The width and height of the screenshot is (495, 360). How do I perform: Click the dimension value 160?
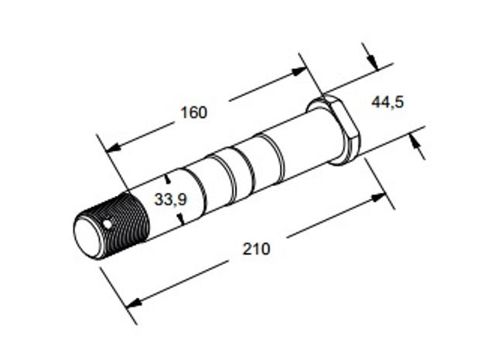click(x=194, y=112)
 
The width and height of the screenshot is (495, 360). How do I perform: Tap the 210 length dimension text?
click(x=256, y=249)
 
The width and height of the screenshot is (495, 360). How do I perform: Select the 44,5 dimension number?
click(x=387, y=102)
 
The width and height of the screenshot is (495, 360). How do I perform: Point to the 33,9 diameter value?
click(x=171, y=200)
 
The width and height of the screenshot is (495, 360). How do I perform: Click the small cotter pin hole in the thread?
click(x=108, y=224)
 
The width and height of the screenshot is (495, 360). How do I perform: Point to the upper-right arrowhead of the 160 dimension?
click(x=299, y=71)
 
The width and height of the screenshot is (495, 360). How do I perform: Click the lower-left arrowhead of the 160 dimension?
click(x=113, y=146)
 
